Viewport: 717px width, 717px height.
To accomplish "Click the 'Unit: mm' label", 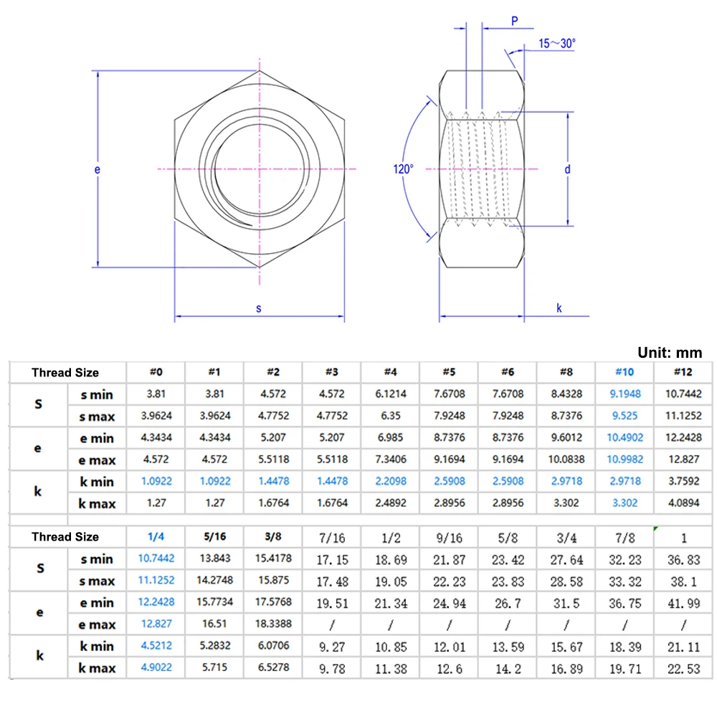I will (670, 352).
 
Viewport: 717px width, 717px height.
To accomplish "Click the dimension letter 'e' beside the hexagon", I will (98, 169).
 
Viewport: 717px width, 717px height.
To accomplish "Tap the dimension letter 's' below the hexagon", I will (259, 308).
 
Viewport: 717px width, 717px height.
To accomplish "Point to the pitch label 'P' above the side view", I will (515, 22).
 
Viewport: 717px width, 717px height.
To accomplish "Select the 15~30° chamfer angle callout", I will (557, 43).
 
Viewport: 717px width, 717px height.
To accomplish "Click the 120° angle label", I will (403, 169).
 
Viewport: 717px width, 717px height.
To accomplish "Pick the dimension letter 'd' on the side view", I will (566, 169).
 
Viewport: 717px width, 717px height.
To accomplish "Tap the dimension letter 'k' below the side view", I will (559, 308).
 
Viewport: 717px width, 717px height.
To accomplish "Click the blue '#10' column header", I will (624, 372).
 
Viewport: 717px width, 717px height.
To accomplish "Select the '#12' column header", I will (683, 372).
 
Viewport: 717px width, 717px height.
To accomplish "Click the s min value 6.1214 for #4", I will (390, 394).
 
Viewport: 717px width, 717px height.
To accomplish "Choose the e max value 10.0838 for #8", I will (566, 460).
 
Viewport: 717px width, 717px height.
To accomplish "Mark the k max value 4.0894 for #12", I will (683, 503).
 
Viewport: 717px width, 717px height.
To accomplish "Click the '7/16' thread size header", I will (331, 537).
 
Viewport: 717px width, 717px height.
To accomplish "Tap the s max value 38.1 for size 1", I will (683, 580).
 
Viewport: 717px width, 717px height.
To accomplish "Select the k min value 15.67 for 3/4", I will (566, 647).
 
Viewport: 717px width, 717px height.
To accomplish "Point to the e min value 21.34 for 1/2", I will (390, 603).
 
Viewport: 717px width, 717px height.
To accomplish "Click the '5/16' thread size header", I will (214, 537).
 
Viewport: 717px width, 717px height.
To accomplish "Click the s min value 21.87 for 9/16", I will (449, 559).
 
